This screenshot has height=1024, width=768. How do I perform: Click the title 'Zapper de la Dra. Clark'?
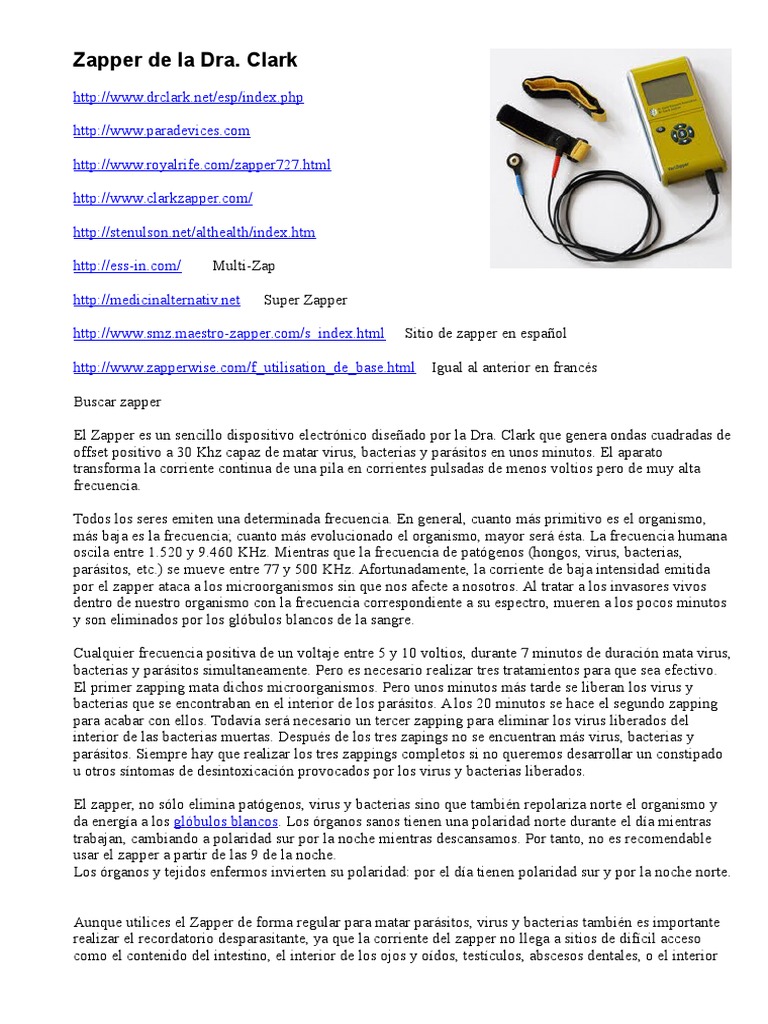(x=185, y=61)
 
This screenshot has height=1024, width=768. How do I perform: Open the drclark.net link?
(x=188, y=97)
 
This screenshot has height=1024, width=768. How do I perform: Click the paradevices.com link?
(x=161, y=131)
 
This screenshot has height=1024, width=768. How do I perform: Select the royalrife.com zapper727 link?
(x=201, y=165)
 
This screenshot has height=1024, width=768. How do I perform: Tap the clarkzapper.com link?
(x=162, y=198)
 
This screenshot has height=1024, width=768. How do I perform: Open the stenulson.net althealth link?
(x=194, y=232)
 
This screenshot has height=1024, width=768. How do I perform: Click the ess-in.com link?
(x=127, y=266)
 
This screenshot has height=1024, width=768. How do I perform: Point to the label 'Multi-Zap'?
(x=243, y=266)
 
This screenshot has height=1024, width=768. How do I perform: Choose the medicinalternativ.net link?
(x=157, y=300)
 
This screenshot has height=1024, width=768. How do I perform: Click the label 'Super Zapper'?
(x=305, y=300)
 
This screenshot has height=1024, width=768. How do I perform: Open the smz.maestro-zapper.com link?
(x=228, y=333)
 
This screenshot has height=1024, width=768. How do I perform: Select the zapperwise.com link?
(x=243, y=367)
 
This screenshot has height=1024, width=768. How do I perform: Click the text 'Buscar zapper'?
(x=117, y=401)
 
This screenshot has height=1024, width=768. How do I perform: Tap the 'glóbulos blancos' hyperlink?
(x=226, y=821)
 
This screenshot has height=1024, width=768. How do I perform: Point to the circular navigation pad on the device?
(x=682, y=134)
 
